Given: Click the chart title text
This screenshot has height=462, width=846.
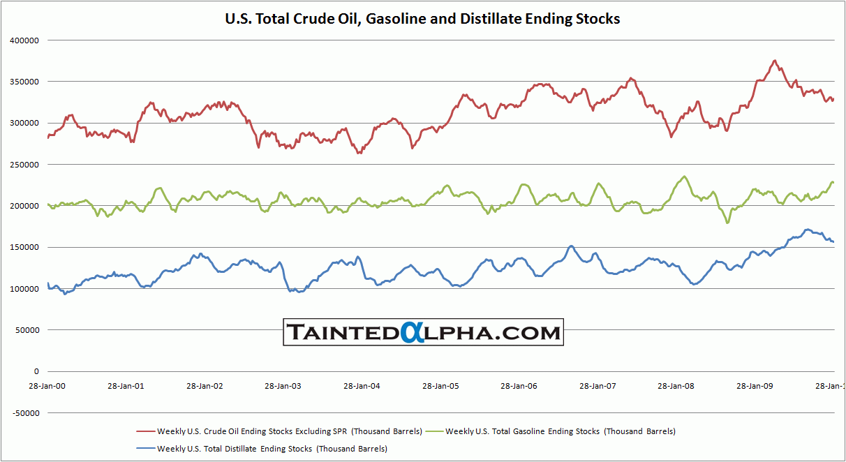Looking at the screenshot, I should pyautogui.click(x=422, y=19).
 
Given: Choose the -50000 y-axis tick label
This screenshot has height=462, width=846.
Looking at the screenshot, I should pyautogui.click(x=25, y=413).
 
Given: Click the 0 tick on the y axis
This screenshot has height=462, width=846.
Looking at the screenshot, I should pyautogui.click(x=36, y=371).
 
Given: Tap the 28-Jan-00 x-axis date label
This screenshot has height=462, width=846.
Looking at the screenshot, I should pyautogui.click(x=47, y=385).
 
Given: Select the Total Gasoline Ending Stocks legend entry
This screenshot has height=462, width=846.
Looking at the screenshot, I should pyautogui.click(x=560, y=431).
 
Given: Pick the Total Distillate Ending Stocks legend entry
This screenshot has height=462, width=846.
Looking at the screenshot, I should pyautogui.click(x=272, y=449).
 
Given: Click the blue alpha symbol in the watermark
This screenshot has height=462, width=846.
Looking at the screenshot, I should pyautogui.click(x=410, y=332).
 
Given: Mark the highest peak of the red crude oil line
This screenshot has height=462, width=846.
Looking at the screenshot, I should pyautogui.click(x=775, y=61).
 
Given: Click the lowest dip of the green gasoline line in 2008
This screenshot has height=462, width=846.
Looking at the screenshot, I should pyautogui.click(x=728, y=223).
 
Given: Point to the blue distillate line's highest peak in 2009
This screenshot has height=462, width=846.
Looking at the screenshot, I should pyautogui.click(x=807, y=229).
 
